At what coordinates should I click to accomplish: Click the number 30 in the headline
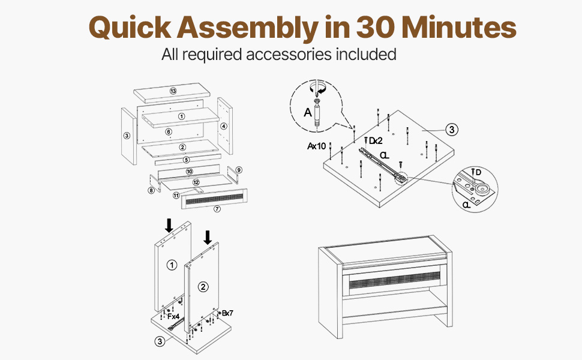pyautogui.click(x=375, y=27)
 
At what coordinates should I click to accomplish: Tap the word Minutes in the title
pyautogui.click(x=459, y=27)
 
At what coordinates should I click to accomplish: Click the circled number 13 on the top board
pyautogui.click(x=173, y=91)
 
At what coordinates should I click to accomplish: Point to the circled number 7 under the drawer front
pyautogui.click(x=217, y=209)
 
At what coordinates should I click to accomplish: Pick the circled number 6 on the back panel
pyautogui.click(x=169, y=132)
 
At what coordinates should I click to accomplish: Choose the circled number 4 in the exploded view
pyautogui.click(x=223, y=126)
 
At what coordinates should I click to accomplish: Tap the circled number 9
pyautogui.click(x=239, y=170)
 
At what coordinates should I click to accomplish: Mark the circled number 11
pyautogui.click(x=176, y=195)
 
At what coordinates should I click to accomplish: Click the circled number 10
pyautogui.click(x=189, y=172)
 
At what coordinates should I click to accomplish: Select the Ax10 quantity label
pyautogui.click(x=316, y=146)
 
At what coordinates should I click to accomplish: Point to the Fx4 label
pyautogui.click(x=173, y=316)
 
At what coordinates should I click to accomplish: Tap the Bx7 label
pyautogui.click(x=227, y=313)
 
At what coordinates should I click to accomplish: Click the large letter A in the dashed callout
pyautogui.click(x=308, y=112)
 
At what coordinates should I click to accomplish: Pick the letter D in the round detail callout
pyautogui.click(x=478, y=173)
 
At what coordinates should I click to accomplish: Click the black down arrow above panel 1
pyautogui.click(x=169, y=225)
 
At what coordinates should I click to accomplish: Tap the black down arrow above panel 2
pyautogui.click(x=208, y=238)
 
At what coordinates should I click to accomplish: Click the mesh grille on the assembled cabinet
pyautogui.click(x=395, y=283)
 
